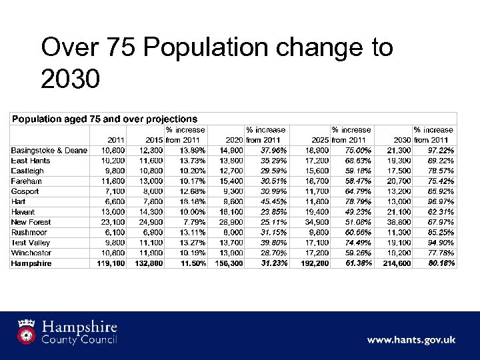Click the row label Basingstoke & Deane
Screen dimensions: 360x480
coord(49,150)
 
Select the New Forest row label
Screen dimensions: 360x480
coord(31,222)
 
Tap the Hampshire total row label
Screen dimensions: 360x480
coord(31,263)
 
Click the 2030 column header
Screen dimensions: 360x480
coord(401,140)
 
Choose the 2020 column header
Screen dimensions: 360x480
coord(233,140)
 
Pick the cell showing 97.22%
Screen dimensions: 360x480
coord(441,150)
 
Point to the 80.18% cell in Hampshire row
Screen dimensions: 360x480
coord(440,263)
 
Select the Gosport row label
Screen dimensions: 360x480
coord(25,191)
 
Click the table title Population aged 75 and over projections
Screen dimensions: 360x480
coord(104,119)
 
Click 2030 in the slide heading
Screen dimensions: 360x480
coord(70,80)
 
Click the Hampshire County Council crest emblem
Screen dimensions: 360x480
coord(27,331)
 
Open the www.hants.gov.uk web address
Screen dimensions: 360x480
coord(411,339)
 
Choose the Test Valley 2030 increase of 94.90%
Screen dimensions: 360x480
coord(441,243)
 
